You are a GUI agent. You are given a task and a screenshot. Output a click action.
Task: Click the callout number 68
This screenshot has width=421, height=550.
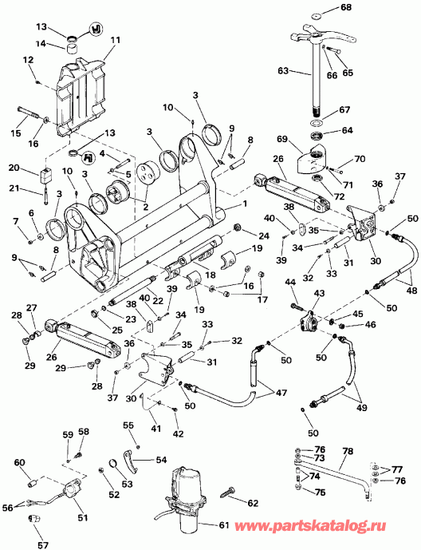click(346, 6)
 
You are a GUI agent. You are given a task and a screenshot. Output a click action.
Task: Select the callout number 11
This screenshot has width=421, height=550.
click(115, 40)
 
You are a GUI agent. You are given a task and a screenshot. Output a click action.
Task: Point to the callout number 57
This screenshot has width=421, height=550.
click(43, 544)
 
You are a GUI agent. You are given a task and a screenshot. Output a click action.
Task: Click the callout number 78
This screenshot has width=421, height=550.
click(348, 451)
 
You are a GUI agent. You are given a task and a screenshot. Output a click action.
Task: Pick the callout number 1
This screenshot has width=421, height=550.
click(245, 204)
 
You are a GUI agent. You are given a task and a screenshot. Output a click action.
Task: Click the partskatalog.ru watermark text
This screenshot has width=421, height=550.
click(310, 525)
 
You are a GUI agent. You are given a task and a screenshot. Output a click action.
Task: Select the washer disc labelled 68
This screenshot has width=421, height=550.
click(317, 16)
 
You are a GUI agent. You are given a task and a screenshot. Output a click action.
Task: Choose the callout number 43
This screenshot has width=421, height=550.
click(319, 292)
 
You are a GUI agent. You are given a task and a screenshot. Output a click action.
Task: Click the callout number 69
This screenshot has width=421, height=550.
click(282, 139)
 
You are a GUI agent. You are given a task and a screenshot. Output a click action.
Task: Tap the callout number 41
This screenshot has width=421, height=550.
click(155, 428)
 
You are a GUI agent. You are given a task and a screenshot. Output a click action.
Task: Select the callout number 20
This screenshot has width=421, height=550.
click(14, 168)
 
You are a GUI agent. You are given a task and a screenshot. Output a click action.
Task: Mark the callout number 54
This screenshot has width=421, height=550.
click(161, 460)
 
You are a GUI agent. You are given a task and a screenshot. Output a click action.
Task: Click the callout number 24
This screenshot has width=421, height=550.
click(264, 235)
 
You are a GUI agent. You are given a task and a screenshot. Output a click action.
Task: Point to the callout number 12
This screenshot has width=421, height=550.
click(28, 60)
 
